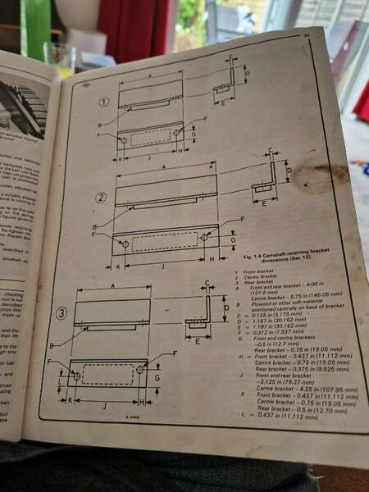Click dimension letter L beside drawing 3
(61, 381)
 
